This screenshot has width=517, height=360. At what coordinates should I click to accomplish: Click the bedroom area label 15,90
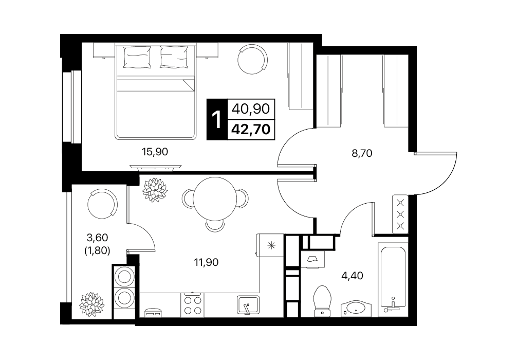click(x=155, y=152)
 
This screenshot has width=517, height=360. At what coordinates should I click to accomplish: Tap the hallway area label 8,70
click(x=362, y=153)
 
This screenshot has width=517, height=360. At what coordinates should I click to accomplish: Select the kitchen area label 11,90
click(x=206, y=263)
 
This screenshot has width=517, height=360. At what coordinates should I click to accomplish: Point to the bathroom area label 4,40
click(x=352, y=275)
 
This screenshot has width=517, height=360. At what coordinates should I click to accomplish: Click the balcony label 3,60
click(x=97, y=237)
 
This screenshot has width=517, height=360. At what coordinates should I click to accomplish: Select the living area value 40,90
click(x=251, y=109)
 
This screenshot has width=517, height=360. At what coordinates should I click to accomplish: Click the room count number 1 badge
click(x=217, y=119)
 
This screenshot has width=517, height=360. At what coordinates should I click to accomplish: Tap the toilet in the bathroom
click(x=322, y=301)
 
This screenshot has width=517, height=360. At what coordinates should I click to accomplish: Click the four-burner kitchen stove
click(x=192, y=305)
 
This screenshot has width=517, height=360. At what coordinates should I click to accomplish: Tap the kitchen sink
click(x=248, y=305)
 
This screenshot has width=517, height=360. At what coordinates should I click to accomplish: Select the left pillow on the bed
click(x=137, y=57)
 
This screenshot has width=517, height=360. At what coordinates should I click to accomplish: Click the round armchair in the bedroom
click(x=252, y=59)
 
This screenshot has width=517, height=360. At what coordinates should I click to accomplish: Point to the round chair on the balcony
click(x=102, y=204)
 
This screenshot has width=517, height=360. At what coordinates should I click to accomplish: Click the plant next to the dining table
click(x=155, y=190)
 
